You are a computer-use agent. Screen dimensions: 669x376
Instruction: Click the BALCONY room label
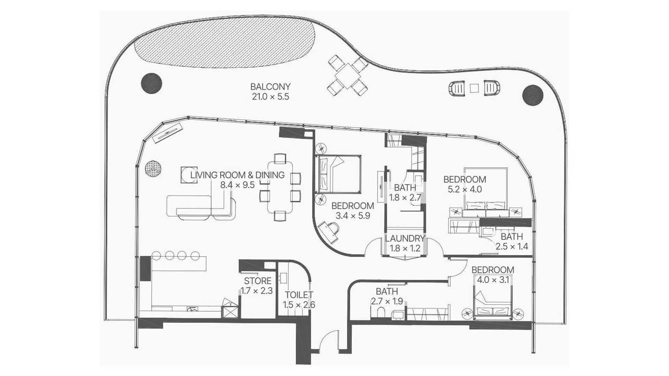[x=270, y=86]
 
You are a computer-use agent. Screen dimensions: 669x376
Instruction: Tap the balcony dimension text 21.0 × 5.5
[x=270, y=96]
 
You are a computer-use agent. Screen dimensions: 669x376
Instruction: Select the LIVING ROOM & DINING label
[x=237, y=175]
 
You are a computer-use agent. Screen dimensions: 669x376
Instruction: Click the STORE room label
[x=257, y=281]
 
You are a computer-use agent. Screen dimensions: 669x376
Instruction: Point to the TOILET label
[x=299, y=295]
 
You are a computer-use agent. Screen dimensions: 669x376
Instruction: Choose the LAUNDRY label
[x=405, y=238]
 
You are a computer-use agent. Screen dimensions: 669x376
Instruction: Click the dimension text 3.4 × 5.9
[x=353, y=216]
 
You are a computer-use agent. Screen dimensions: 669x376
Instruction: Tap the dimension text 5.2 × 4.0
[x=464, y=189]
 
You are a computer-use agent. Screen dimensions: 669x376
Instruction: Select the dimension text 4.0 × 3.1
[x=493, y=280]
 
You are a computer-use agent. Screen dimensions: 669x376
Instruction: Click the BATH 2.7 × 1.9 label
[x=387, y=296]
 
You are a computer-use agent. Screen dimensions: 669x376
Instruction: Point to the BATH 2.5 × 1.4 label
[x=512, y=242]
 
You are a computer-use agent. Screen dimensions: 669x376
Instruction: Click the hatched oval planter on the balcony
[x=225, y=41]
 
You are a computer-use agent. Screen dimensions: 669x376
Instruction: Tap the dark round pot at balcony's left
[x=152, y=83]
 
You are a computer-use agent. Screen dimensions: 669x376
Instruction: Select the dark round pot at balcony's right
[x=533, y=95]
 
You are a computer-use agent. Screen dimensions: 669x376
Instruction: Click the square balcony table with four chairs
[x=347, y=75]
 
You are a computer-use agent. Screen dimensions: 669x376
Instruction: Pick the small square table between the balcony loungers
[x=474, y=88]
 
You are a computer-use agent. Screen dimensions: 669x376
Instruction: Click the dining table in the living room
[x=280, y=187]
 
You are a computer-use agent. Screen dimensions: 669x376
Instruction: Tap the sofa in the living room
[x=201, y=207]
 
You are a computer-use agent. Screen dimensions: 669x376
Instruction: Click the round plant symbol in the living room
[x=153, y=169]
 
